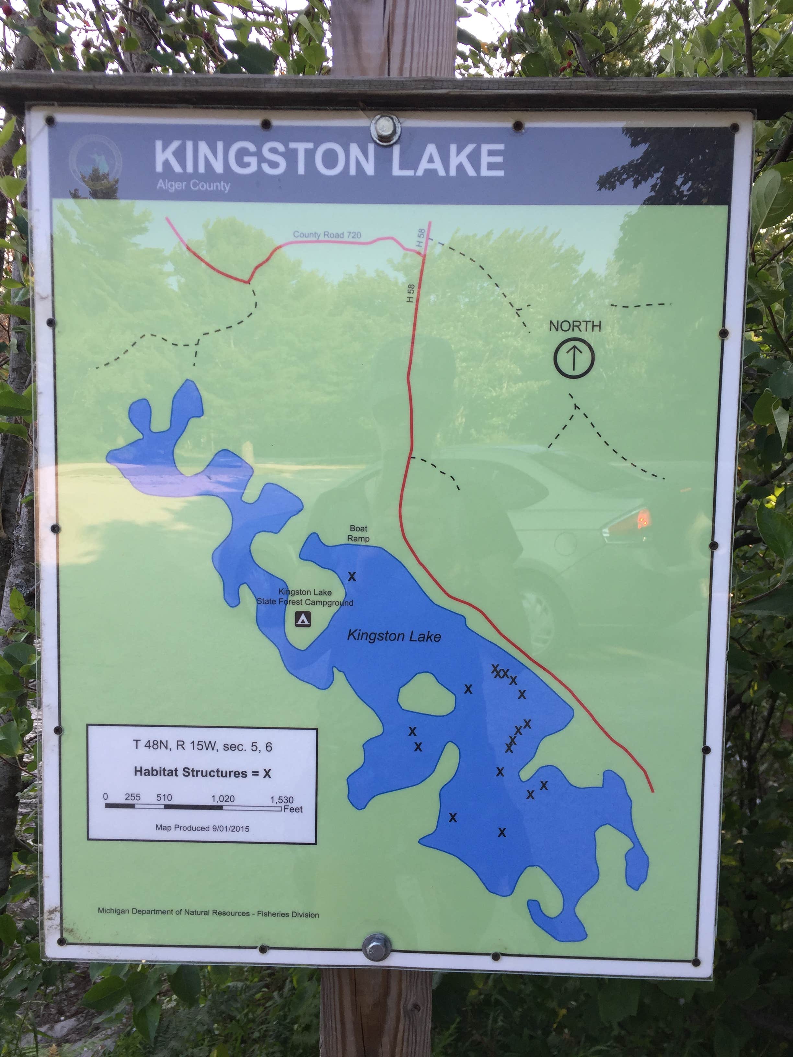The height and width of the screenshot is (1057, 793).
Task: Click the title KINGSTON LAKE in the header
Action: pos(329,159)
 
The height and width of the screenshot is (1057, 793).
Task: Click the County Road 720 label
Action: pos(327,235)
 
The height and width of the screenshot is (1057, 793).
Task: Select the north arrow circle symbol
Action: pos(574,358)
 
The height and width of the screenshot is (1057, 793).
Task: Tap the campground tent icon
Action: pos(303,619)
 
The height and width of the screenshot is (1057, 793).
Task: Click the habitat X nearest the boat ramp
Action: pos(352,577)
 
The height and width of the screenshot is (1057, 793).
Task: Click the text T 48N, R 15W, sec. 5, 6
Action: pos(203,746)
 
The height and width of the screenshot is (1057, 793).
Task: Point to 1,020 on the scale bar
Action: pos(223,799)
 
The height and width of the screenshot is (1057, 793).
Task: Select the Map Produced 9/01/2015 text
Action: pos(202,828)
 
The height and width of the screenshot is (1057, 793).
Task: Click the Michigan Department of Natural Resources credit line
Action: pos(208,913)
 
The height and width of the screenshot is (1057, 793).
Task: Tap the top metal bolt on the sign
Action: pos(385,129)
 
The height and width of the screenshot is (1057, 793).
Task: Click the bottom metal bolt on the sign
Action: pos(376,947)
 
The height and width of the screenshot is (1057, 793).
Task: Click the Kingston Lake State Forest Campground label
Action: pos(305,597)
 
